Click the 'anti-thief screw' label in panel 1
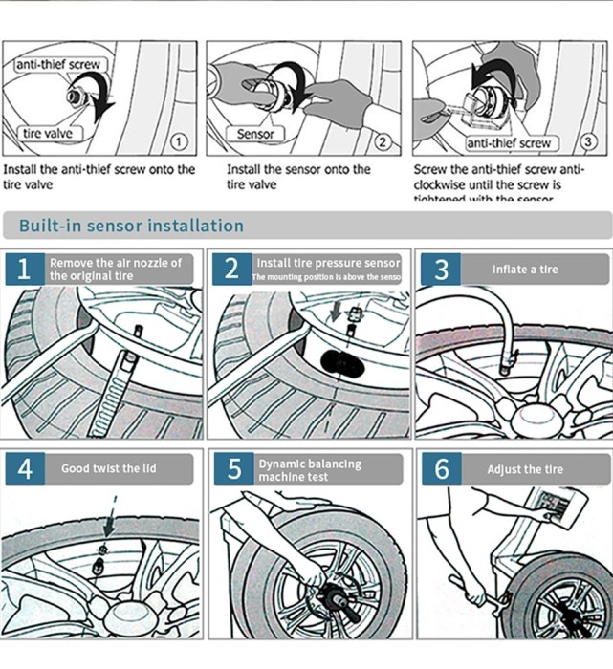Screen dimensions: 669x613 pos(57,65)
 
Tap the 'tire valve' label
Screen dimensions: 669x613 pos(48,133)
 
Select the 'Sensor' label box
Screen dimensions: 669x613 pos(255,134)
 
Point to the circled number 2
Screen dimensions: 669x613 pos(383,142)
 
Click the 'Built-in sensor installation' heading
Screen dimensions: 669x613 pos(132,226)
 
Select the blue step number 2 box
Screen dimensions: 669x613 pos(231,269)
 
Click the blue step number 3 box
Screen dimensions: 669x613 pos(440,269)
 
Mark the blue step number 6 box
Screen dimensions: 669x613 pos(441,469)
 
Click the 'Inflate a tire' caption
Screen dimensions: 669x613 pos(525,270)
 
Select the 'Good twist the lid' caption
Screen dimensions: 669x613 pos(109,469)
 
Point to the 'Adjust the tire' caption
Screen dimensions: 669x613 pos(525,469)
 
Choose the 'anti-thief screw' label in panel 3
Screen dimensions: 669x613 pos(510,142)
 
